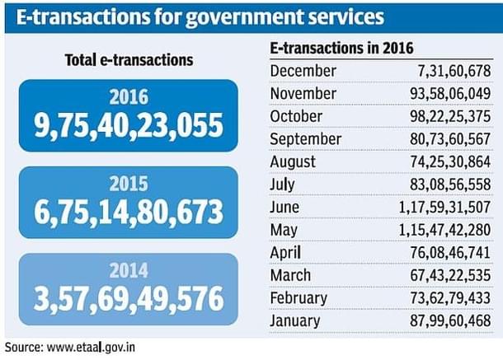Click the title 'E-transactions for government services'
point(199,17)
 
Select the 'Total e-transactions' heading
point(129,60)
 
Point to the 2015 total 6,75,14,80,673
point(129,213)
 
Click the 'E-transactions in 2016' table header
point(342,49)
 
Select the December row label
point(303,71)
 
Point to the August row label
point(294,161)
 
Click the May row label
point(285,230)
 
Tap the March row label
point(291,275)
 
